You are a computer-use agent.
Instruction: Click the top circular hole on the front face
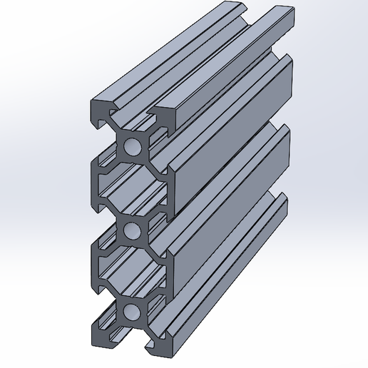tap(132, 148)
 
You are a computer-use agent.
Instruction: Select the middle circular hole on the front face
tap(132, 230)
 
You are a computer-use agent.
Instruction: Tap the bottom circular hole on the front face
tap(132, 311)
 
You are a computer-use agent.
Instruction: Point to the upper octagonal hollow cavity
tap(132, 189)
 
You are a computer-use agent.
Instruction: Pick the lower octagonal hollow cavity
tap(132, 270)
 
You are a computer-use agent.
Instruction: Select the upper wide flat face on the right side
tap(228, 143)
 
